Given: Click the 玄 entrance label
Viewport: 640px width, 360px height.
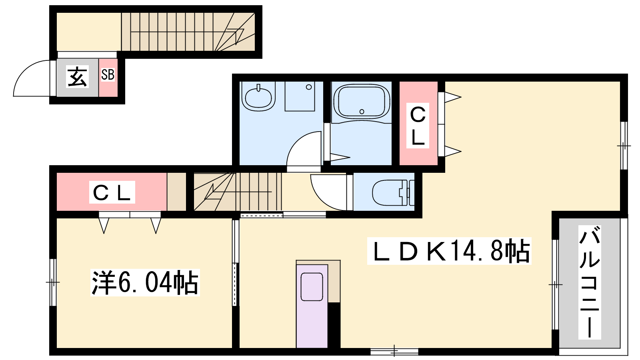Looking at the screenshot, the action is (x=78, y=76).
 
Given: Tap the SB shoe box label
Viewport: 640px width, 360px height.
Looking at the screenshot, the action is (x=108, y=74).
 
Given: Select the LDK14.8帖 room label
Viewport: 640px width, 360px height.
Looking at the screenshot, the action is (x=449, y=251).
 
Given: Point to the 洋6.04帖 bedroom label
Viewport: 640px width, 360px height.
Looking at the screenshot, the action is (x=145, y=282).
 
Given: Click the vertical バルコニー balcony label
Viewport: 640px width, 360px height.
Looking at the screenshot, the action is (x=590, y=282).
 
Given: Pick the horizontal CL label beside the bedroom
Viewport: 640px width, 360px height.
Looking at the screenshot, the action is (x=112, y=192).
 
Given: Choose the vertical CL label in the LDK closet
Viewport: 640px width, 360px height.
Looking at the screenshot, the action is (x=418, y=126).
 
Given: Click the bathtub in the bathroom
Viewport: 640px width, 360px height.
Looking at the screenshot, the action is (x=362, y=102).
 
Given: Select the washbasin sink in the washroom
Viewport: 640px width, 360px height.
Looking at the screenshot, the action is (x=258, y=98).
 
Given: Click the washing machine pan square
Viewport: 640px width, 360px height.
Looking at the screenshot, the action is (x=300, y=96).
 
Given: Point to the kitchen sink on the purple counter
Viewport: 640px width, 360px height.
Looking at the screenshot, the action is (x=312, y=286).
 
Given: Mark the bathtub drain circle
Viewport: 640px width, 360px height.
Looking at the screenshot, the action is (x=362, y=112).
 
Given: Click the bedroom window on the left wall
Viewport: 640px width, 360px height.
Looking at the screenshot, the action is (x=53, y=282).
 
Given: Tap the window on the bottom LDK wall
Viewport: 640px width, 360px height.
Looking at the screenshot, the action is (x=394, y=351).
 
